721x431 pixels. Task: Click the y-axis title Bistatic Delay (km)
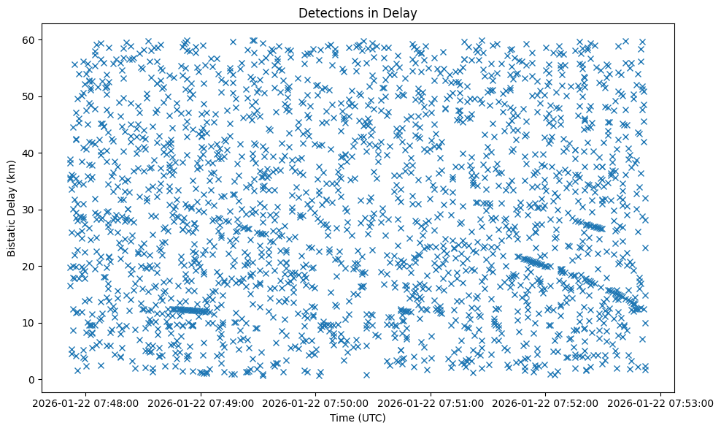click(12, 209)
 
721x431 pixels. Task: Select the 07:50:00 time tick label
click(317, 403)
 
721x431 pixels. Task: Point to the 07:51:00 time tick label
click(431, 403)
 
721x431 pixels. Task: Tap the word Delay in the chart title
click(403, 12)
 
